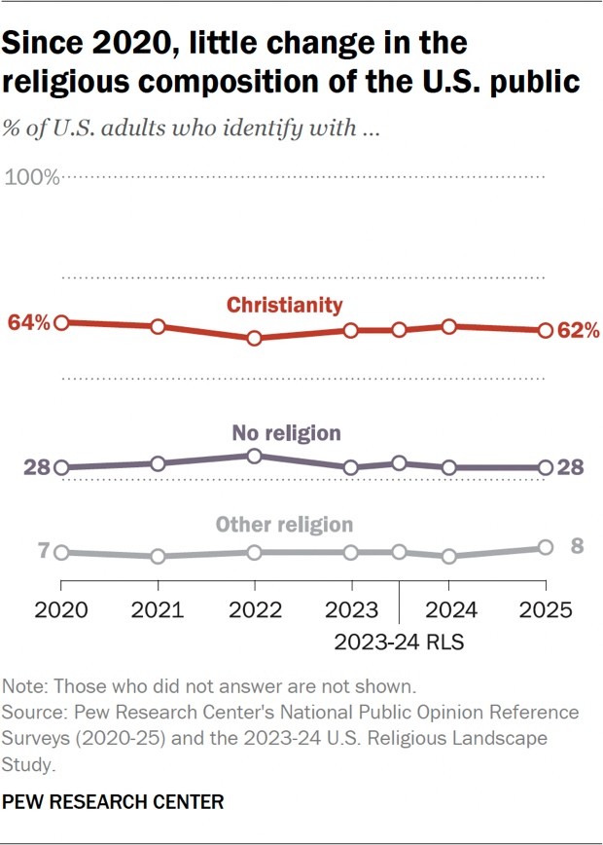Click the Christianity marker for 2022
click(x=255, y=339)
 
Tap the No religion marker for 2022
click(x=255, y=456)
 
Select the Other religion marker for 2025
click(x=546, y=548)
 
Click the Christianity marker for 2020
click(x=61, y=322)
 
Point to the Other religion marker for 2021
click(x=158, y=556)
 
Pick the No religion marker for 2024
click(x=448, y=467)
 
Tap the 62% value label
click(x=578, y=331)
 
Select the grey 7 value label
click(x=44, y=551)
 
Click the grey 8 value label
click(x=577, y=545)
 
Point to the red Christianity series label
click(x=285, y=305)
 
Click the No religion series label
click(x=286, y=432)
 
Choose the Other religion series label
click(x=284, y=525)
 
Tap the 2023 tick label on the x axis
click(x=351, y=611)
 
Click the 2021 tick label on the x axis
click(x=158, y=611)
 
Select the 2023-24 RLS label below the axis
click(x=399, y=642)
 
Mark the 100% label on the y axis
click(x=33, y=177)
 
